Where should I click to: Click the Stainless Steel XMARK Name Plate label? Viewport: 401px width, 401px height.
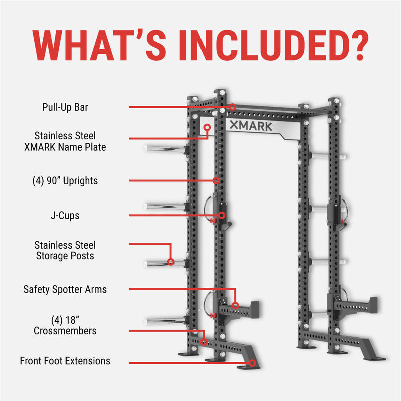pos(65,141)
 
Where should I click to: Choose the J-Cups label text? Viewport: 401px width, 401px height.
pos(65,216)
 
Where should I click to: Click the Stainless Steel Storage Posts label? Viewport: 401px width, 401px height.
pos(65,250)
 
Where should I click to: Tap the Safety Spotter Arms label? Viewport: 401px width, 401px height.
pos(65,289)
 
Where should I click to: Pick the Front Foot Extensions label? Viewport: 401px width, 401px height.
pos(65,361)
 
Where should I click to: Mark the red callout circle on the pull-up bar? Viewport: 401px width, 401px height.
pos(233,107)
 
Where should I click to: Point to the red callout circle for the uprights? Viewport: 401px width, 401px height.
pos(216,180)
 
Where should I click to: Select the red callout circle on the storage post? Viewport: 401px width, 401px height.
pos(171,261)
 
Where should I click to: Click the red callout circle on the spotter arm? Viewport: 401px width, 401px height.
pos(235,305)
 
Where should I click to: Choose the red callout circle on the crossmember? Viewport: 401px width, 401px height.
pos(204,342)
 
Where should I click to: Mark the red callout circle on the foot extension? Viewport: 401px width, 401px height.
pos(252,362)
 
